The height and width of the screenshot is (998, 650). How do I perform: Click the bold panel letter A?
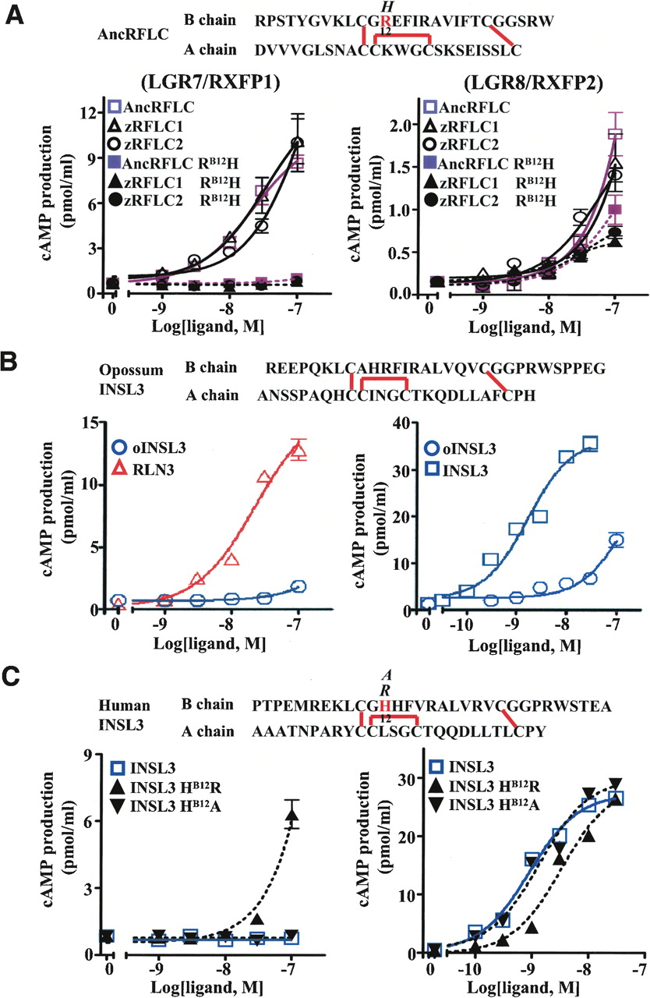[x=13, y=14]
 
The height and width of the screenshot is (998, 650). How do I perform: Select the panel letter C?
[x=13, y=685]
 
